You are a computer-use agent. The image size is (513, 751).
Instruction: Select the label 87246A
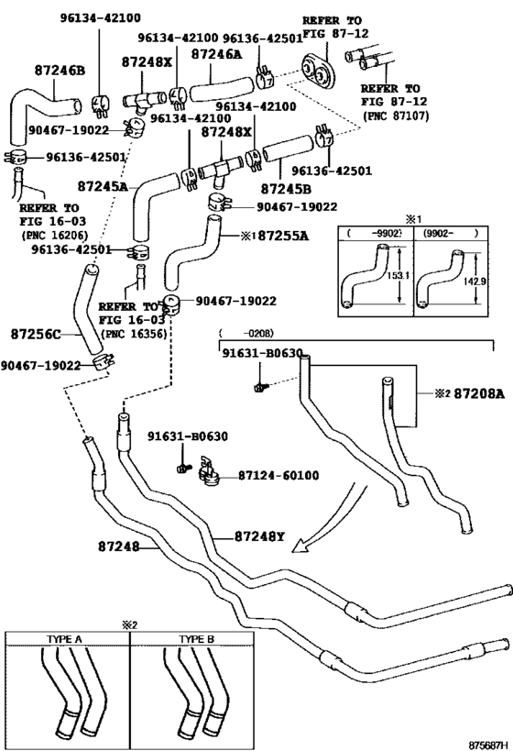pos(216,55)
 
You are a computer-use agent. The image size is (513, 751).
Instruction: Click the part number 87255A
pos(281,236)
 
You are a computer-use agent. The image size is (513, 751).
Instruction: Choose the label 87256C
pos(37,333)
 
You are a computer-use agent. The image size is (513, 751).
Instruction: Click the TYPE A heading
pos(65,639)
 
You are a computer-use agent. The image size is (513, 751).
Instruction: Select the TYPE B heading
pos(196,639)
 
